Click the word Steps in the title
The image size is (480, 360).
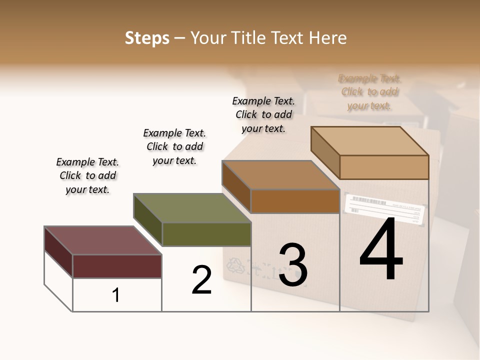(147, 38)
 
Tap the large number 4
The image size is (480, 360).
(381, 250)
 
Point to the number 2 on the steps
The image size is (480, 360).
(202, 280)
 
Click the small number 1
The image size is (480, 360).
(116, 295)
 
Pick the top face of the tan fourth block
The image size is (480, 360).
(370, 141)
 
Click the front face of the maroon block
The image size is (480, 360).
(117, 266)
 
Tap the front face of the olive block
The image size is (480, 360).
(206, 234)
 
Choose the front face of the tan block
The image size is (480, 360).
(384, 167)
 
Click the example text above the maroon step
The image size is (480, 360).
(87, 175)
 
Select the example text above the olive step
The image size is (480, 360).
(174, 146)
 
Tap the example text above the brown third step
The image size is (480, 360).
(263, 114)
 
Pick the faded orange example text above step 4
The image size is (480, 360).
(370, 92)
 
